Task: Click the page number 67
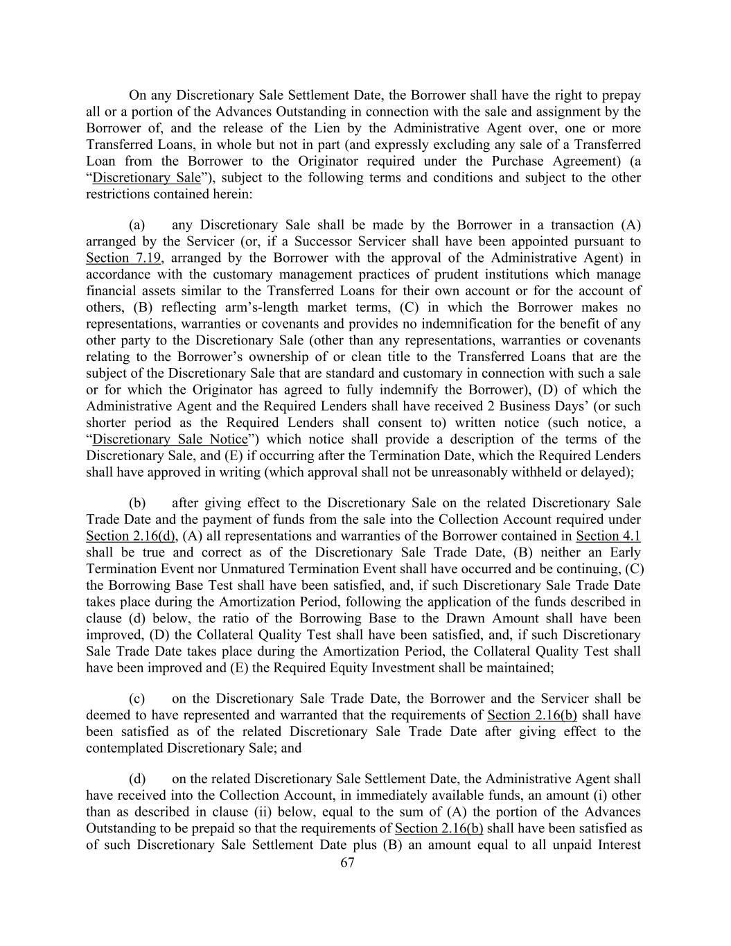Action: (348, 862)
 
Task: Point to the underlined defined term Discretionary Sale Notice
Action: (170, 439)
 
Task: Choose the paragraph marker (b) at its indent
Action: (137, 503)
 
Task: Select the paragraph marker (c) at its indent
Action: (137, 699)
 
